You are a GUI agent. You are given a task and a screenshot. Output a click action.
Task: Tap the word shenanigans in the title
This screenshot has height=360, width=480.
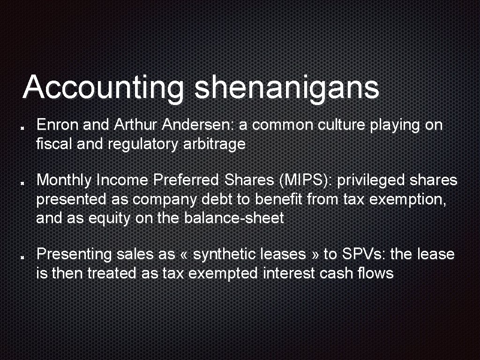[286, 88]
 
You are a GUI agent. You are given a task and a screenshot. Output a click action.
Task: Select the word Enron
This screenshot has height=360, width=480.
[58, 125]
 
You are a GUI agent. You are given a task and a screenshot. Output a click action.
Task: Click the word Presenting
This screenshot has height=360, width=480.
[74, 254]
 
